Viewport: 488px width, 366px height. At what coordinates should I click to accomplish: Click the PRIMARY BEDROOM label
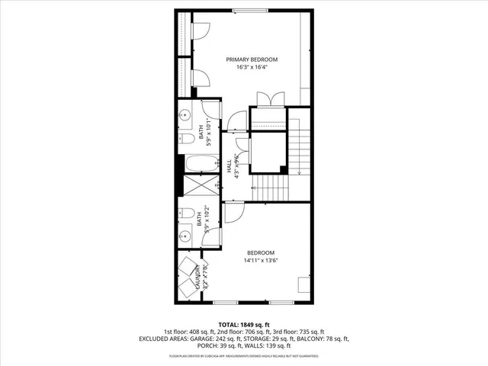(252, 59)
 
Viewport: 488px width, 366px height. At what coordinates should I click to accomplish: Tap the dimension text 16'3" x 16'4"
(252, 68)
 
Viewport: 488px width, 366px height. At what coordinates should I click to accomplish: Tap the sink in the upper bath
(185, 117)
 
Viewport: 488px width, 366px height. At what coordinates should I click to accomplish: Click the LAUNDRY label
(197, 276)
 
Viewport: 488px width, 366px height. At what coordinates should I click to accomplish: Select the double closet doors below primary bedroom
(269, 98)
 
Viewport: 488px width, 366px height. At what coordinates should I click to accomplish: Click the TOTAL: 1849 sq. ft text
(243, 324)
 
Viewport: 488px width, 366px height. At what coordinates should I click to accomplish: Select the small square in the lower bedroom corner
(303, 285)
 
